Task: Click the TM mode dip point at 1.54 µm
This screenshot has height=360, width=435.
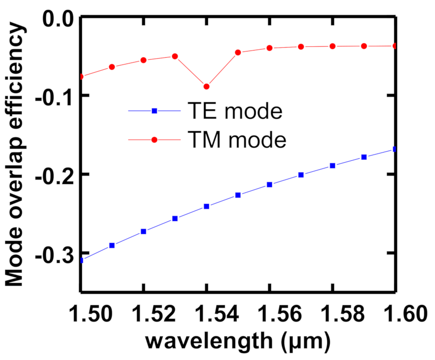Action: point(206,87)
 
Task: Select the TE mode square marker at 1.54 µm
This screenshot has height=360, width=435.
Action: point(206,206)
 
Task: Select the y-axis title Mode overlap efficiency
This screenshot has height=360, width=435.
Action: point(15,154)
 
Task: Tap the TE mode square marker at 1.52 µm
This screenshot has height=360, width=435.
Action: point(143,231)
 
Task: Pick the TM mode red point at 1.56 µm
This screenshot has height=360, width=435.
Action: point(269,48)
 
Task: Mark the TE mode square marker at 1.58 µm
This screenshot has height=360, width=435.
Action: point(332,166)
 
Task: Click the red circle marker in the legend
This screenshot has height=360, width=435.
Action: point(154,140)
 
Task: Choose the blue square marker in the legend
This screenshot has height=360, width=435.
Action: point(154,111)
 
